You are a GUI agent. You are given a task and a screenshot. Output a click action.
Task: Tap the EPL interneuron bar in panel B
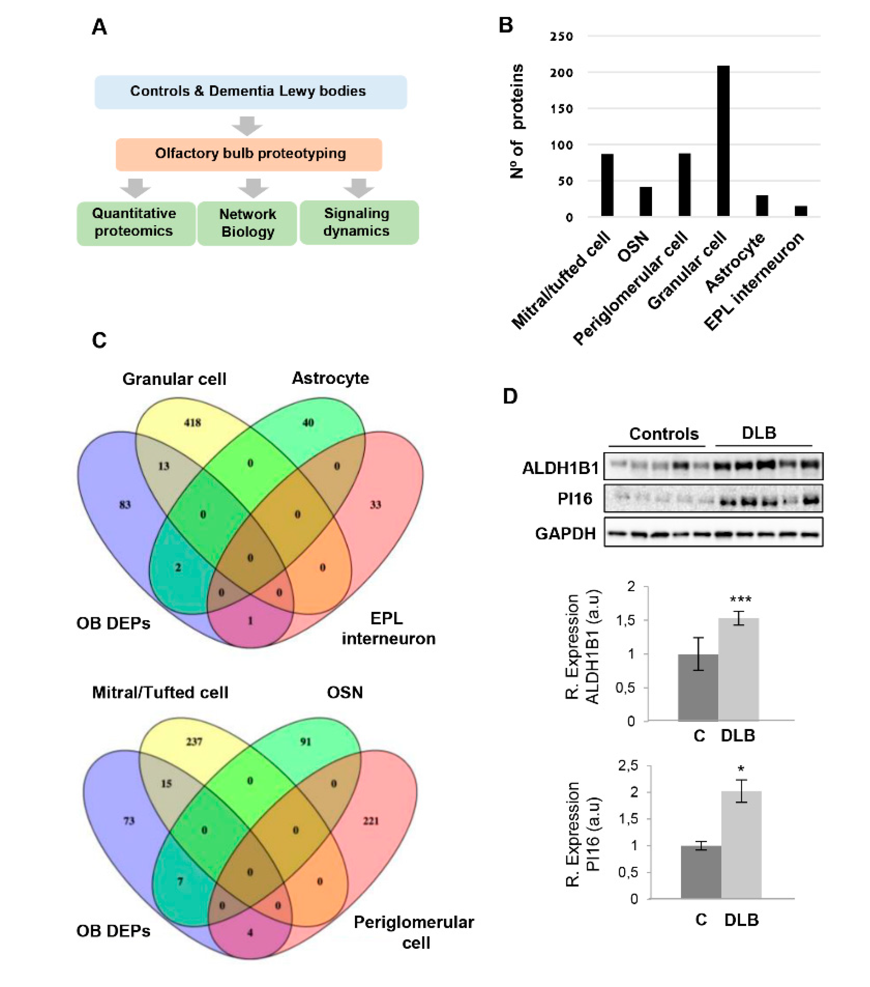point(801,211)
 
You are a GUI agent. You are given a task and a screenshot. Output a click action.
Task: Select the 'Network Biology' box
point(247,223)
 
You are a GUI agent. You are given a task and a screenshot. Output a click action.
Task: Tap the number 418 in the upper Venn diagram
point(192,423)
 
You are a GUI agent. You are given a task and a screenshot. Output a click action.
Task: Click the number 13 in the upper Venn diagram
point(164,466)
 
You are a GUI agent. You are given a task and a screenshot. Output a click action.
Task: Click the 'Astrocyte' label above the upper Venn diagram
point(330,378)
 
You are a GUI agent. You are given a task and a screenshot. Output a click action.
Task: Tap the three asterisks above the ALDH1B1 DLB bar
point(740,600)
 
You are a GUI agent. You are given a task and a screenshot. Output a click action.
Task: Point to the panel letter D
point(510,396)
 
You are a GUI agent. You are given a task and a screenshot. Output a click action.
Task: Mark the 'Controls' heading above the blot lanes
point(664,433)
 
